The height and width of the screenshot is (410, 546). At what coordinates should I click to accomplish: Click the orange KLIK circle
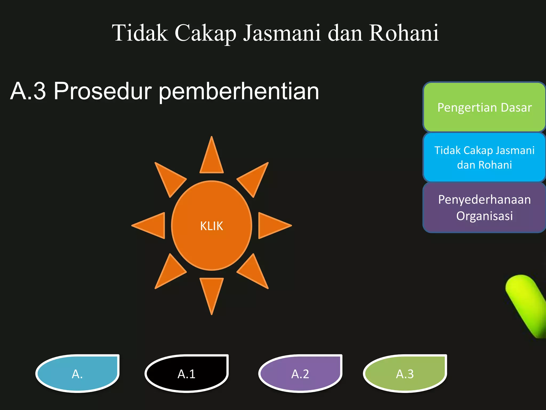click(211, 226)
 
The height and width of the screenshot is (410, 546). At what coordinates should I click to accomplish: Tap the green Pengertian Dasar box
click(484, 107)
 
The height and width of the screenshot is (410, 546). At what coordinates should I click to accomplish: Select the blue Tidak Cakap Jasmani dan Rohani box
click(484, 157)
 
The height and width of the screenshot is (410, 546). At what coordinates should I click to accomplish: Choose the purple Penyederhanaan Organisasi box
click(484, 208)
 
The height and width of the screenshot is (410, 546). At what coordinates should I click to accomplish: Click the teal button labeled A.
click(78, 374)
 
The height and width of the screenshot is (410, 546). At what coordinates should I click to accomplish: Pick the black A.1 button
click(187, 374)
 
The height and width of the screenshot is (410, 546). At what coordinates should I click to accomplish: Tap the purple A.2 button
click(300, 374)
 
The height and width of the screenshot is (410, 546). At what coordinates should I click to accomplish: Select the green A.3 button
click(405, 374)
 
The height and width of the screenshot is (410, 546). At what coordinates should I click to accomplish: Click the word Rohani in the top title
click(404, 33)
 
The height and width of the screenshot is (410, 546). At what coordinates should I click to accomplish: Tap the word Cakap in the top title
click(205, 33)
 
